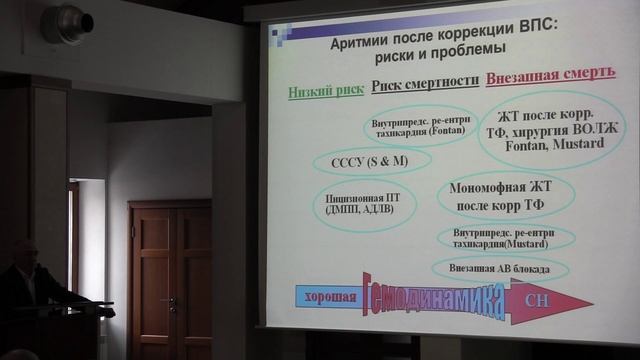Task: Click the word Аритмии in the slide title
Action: (364, 46)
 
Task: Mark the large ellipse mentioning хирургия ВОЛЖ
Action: (551, 129)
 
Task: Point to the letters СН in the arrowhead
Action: (542, 299)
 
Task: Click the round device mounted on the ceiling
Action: (68, 23)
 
